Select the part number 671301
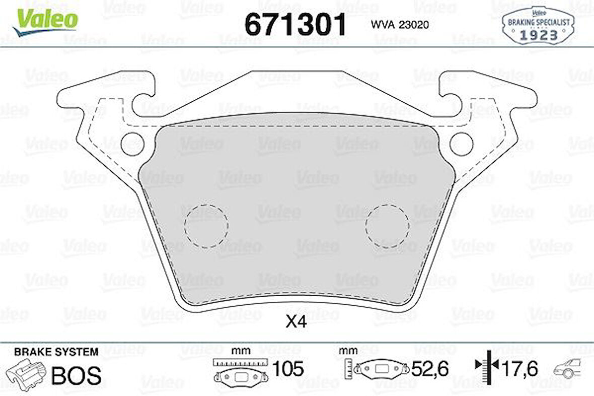(x=295, y=24)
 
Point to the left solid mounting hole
(x=132, y=144)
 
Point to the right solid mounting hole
(x=461, y=144)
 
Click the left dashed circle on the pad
(x=206, y=226)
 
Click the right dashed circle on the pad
(x=387, y=226)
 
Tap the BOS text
(x=77, y=375)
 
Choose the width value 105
(x=287, y=369)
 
